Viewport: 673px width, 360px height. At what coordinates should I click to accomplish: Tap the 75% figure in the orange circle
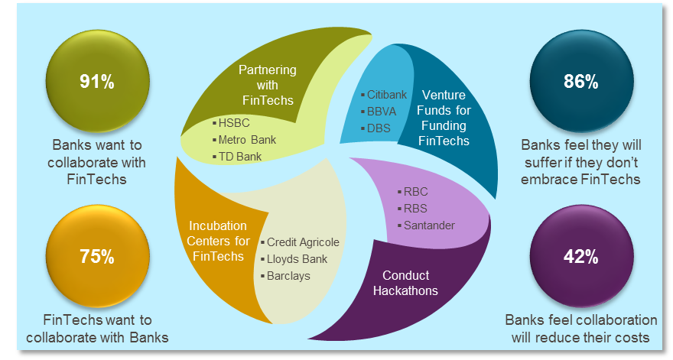97,257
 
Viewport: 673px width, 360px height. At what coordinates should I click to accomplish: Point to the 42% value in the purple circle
580,257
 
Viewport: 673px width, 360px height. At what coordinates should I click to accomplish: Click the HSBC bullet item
233,123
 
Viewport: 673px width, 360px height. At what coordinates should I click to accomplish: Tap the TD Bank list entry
239,157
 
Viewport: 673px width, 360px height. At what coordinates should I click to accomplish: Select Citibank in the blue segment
386,95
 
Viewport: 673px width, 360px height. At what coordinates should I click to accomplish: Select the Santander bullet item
429,225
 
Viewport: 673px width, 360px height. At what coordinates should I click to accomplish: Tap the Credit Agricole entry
302,242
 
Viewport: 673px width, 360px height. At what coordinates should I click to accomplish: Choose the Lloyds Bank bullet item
297,259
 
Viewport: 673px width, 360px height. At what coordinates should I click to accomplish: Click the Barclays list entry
288,275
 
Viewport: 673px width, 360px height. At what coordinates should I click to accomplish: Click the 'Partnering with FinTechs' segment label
268,83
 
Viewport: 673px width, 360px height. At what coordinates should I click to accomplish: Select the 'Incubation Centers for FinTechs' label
218,241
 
